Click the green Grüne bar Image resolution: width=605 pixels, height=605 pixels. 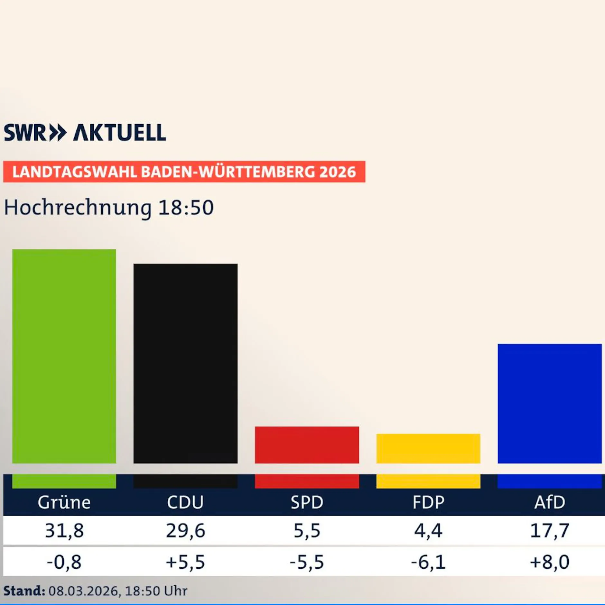click(x=64, y=356)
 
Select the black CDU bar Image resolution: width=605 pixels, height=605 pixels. click(x=185, y=364)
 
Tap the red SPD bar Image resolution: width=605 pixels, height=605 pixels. click(x=307, y=445)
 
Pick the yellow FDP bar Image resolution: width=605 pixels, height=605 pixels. click(x=428, y=448)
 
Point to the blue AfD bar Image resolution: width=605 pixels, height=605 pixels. click(x=549, y=404)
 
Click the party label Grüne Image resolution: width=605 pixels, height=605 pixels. click(x=64, y=502)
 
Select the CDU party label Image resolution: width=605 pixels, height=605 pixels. click(x=185, y=502)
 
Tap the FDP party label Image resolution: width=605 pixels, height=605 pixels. click(x=428, y=502)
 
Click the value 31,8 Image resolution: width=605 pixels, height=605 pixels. click(x=64, y=531)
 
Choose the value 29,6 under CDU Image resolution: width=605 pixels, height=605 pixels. click(x=185, y=531)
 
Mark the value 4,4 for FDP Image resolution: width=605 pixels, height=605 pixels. click(x=428, y=531)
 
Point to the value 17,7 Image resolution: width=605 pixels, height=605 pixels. click(x=549, y=531)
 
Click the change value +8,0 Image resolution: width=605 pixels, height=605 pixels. click(x=549, y=562)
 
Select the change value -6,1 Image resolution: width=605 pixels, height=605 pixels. click(x=428, y=562)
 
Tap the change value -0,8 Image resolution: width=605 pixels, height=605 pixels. click(x=64, y=562)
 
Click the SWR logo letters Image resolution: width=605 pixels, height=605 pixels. click(x=25, y=133)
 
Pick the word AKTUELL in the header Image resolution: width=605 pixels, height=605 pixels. click(x=120, y=133)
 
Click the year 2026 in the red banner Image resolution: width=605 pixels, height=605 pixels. click(x=338, y=172)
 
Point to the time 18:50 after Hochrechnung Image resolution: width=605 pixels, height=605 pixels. click(x=186, y=207)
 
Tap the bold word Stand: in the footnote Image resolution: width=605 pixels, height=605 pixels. click(x=24, y=591)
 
